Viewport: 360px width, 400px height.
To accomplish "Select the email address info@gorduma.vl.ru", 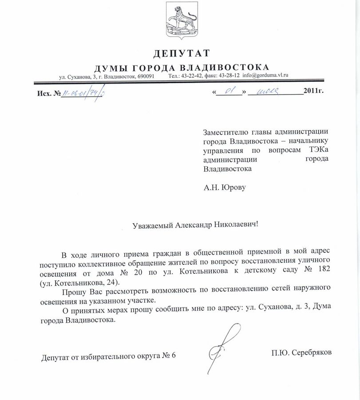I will [265, 76].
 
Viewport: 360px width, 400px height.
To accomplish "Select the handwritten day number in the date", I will [229, 92].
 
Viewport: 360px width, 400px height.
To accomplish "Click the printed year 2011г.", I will [314, 92].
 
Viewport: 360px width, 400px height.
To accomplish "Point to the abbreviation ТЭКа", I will [317, 150].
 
